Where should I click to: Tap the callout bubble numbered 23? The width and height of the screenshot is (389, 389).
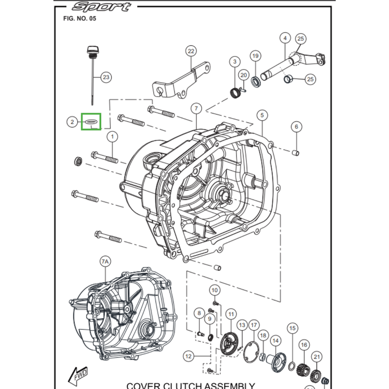click(x=106, y=77)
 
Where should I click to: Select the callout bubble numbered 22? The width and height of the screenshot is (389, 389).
click(x=190, y=52)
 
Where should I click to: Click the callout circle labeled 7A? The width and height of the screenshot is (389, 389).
click(x=106, y=262)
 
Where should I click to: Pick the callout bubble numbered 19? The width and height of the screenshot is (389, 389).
click(x=255, y=56)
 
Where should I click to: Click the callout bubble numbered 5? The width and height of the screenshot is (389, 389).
click(x=262, y=115)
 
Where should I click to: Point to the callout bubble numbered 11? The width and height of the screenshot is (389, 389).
click(x=230, y=315)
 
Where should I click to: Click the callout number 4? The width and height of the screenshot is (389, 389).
click(x=285, y=38)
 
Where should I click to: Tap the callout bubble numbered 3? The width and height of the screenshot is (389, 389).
click(x=235, y=62)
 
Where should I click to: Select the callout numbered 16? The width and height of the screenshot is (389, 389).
click(x=304, y=345)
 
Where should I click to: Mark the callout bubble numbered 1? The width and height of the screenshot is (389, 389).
click(x=112, y=137)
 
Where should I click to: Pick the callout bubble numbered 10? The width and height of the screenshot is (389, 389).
click(x=214, y=291)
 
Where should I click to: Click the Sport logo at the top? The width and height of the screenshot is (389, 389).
click(x=102, y=6)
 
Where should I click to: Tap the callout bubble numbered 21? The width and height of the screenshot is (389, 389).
click(x=317, y=357)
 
